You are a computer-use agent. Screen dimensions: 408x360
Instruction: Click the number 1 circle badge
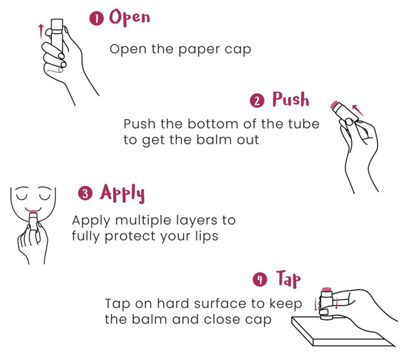[x=96, y=19]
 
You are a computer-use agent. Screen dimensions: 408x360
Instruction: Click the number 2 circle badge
[x=257, y=101]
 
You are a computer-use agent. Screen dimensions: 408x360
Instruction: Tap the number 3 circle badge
[x=85, y=194]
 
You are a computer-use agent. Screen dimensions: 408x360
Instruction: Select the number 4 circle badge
[x=260, y=279]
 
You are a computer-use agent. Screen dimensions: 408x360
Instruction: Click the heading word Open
[x=130, y=17]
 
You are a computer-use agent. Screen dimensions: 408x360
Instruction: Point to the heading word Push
[x=291, y=99]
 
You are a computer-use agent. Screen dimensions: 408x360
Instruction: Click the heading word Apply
[x=122, y=193]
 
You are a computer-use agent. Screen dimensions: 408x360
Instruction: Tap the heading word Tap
[x=288, y=279]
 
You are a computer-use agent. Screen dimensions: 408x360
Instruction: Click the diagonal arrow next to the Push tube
[x=358, y=110]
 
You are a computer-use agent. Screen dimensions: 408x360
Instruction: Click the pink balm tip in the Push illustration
[x=334, y=105]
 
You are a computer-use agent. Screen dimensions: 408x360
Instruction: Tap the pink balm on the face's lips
[x=33, y=211]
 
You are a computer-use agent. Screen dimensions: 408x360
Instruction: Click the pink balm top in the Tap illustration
[x=326, y=289]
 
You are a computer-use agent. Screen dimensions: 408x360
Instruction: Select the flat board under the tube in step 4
[x=343, y=331]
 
